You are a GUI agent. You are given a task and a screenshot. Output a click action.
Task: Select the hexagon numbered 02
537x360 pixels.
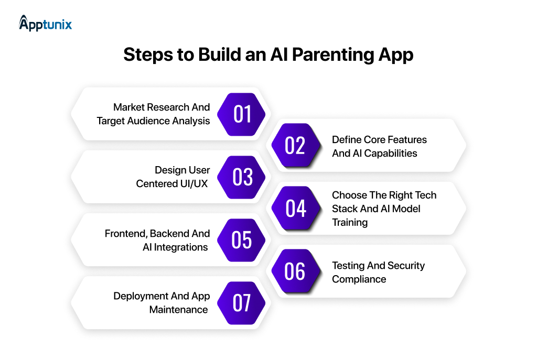[295, 146]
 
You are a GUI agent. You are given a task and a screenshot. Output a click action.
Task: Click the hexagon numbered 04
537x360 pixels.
[296, 209]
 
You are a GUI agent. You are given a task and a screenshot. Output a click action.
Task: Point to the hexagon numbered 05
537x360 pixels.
[242, 240]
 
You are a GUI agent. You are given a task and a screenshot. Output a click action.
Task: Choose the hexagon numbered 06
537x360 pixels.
[295, 271]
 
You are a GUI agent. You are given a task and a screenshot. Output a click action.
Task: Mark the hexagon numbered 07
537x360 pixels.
[242, 303]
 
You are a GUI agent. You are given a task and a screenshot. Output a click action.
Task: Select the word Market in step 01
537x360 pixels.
[130, 107]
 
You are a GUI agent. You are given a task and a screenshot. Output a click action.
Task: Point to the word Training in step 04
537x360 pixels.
[350, 223]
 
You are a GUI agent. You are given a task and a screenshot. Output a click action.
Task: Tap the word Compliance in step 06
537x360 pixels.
[359, 279]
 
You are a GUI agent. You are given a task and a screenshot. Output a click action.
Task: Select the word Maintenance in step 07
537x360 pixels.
[178, 310]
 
